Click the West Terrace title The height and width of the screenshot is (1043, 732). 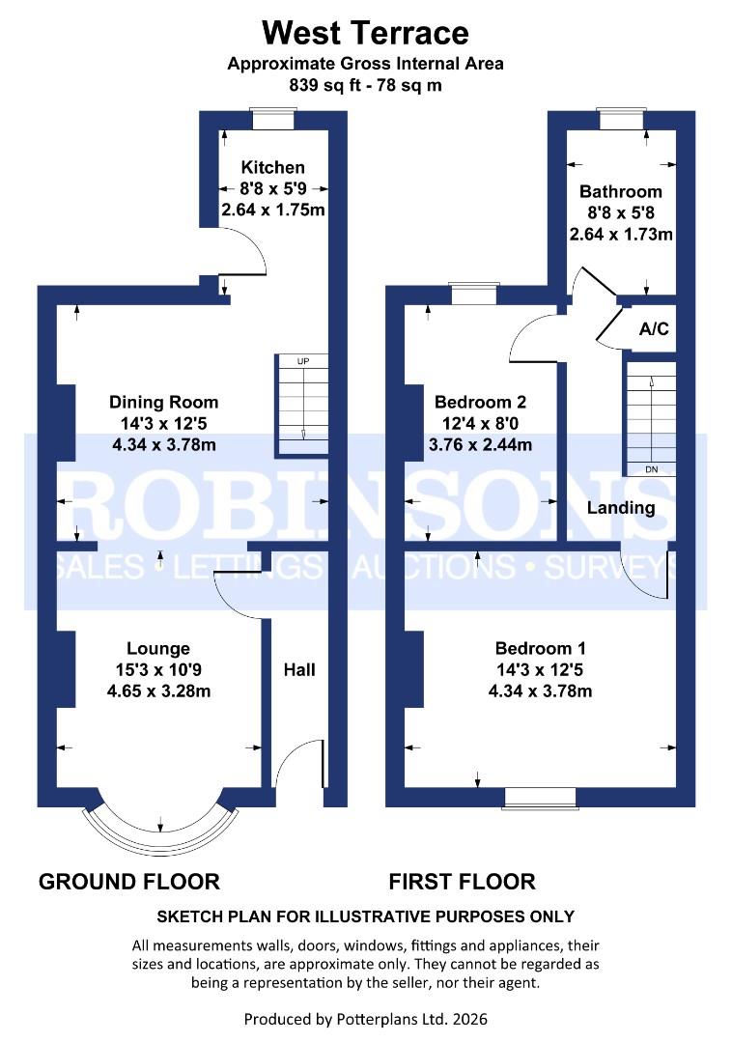point(365,33)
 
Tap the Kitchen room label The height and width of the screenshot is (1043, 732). point(272,167)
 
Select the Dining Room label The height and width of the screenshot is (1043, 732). point(163,402)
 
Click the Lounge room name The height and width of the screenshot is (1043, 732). point(158,648)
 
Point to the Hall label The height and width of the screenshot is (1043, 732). point(298,669)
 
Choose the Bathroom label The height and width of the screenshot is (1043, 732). point(621,191)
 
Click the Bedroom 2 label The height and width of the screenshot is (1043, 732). point(480,402)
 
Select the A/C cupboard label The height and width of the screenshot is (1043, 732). point(654,329)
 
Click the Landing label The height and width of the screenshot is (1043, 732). point(621,508)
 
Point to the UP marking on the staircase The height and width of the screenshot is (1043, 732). point(303,361)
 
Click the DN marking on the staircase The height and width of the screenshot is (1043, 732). point(650,469)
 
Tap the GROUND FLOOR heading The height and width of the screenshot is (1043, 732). point(129,881)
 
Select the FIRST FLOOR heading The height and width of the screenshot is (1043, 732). point(462,881)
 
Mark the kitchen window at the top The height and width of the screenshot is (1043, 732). point(272,119)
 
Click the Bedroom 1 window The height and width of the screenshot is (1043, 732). point(540,796)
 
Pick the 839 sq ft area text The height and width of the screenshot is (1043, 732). point(365,85)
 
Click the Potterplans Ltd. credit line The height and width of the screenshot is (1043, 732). point(365,1019)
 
